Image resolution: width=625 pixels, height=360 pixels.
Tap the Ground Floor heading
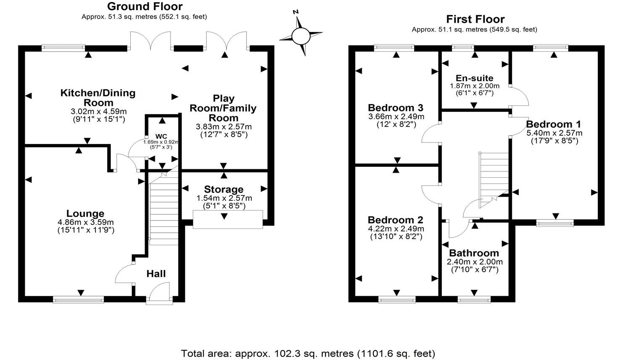point(144,6)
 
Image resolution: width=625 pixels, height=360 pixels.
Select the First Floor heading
point(475,19)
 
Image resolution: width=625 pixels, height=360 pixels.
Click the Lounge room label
point(85,213)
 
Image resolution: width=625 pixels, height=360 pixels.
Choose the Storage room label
point(223,189)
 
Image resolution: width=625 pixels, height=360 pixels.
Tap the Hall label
point(156,274)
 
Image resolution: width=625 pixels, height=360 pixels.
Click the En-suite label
point(474,78)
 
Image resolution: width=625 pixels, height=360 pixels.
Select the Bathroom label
point(474,253)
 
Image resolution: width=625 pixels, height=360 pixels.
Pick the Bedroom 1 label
point(554,124)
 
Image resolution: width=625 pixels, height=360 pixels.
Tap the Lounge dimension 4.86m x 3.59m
point(86,222)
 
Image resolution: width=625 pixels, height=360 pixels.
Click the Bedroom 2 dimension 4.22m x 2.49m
point(396,229)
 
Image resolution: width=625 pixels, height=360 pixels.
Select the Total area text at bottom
point(308,353)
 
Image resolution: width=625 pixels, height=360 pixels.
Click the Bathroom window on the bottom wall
point(474,299)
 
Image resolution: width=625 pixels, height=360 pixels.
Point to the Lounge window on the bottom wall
point(78,299)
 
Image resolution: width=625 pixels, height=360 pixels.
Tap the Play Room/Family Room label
point(223,108)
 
